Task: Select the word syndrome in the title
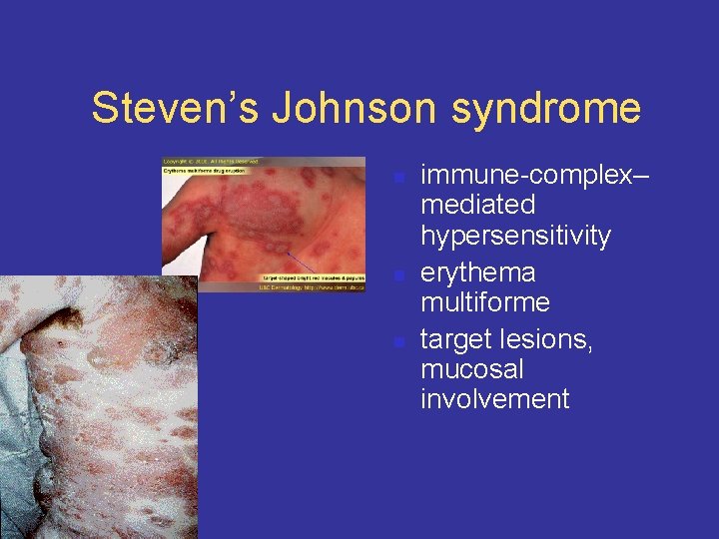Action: click(546, 108)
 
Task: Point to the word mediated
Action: click(478, 206)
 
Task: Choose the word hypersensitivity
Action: click(515, 237)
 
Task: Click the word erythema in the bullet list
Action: click(478, 271)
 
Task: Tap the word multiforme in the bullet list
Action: click(485, 301)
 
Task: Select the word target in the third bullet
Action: click(455, 339)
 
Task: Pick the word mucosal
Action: click(472, 369)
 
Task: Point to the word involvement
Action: click(495, 399)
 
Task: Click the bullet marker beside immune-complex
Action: click(398, 179)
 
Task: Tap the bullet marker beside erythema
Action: click(398, 274)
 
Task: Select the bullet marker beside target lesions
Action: click(398, 342)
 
